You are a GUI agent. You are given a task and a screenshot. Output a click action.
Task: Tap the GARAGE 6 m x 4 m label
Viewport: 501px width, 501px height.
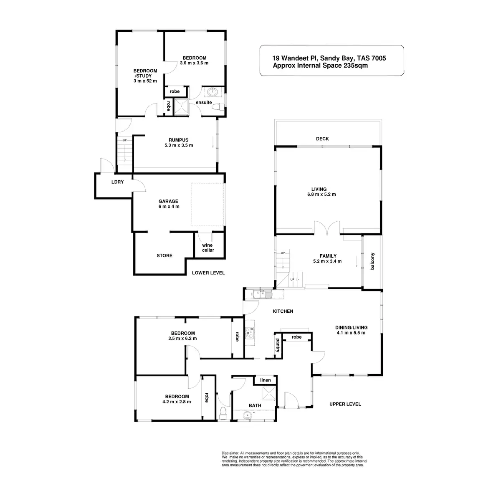[x=168, y=204]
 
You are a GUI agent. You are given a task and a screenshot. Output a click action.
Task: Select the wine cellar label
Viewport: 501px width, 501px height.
[x=208, y=248]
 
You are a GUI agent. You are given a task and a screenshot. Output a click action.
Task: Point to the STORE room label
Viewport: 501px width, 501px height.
[x=164, y=256]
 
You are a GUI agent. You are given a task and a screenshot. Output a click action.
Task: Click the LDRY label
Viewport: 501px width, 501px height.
[x=117, y=182]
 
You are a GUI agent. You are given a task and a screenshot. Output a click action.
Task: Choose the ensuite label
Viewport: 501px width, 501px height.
[x=204, y=102]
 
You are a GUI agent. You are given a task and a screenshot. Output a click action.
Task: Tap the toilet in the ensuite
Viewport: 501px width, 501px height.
[x=218, y=107]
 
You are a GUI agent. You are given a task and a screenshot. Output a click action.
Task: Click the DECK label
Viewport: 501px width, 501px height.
[x=323, y=139]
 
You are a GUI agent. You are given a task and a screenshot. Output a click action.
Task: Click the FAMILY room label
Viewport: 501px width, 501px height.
[x=328, y=259]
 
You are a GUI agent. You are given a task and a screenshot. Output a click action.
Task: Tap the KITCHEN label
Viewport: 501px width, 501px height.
[x=283, y=311]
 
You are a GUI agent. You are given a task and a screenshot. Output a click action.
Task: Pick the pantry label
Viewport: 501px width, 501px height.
[x=277, y=345]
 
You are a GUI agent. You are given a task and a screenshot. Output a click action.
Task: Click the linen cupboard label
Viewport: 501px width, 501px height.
[x=266, y=380]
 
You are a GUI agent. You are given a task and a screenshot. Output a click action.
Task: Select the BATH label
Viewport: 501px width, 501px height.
[x=255, y=405]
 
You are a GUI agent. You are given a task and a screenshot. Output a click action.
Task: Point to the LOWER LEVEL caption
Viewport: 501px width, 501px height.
[x=208, y=273]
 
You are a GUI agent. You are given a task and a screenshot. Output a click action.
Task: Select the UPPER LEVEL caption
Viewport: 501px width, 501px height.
[x=345, y=404]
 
